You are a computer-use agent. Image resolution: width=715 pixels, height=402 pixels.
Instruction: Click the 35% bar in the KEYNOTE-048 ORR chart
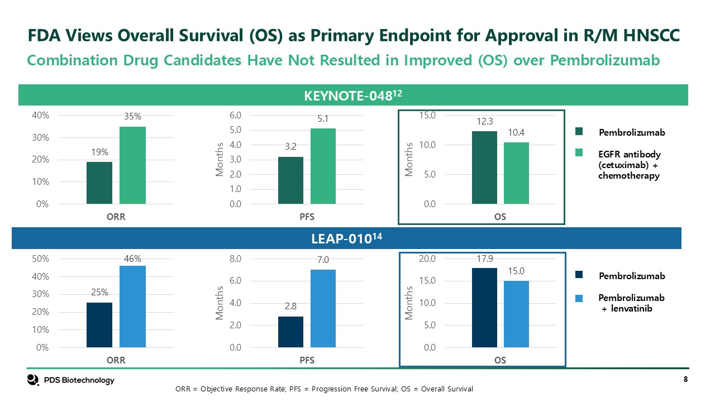pyautogui.click(x=132, y=165)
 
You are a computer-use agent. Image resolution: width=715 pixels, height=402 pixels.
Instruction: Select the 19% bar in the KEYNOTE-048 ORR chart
pyautogui.click(x=99, y=183)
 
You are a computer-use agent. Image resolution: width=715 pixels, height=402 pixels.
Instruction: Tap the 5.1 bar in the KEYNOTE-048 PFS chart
pyautogui.click(x=323, y=166)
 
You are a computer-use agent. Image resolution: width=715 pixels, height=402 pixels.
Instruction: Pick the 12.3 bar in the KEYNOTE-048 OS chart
pyautogui.click(x=484, y=167)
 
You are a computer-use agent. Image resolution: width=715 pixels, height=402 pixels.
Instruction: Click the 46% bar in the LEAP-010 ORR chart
pyautogui.click(x=132, y=307)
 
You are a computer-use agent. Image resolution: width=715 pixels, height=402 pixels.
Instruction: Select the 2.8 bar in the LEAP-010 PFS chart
pyautogui.click(x=290, y=332)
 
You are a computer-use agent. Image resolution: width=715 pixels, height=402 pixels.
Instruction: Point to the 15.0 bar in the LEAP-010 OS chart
pyautogui.click(x=516, y=314)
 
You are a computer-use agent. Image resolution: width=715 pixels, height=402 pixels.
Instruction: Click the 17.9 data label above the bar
pyautogui.click(x=484, y=259)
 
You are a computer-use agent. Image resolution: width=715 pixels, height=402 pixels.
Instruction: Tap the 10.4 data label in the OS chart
pyautogui.click(x=516, y=133)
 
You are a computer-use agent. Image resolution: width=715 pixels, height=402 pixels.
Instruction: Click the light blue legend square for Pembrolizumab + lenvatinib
pyautogui.click(x=579, y=298)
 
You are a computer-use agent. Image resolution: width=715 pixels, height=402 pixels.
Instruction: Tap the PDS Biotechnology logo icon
pyautogui.click(x=33, y=380)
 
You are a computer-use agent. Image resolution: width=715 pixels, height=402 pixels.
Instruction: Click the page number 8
pyautogui.click(x=685, y=380)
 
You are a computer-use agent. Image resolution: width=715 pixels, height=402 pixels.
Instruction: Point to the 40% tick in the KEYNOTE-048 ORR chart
pyautogui.click(x=41, y=116)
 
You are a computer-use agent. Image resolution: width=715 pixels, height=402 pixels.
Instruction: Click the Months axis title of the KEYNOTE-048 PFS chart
pyautogui.click(x=220, y=160)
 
